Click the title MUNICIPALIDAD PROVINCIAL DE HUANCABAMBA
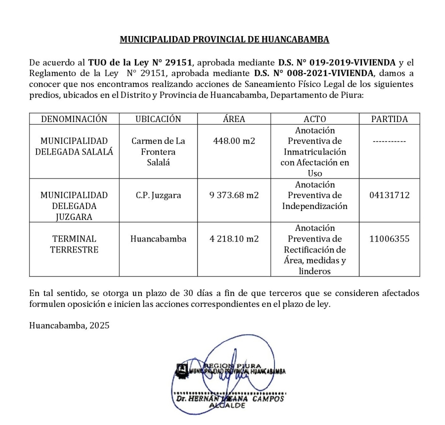point(224,39)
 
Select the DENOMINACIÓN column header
point(74,119)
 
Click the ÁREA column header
point(234,119)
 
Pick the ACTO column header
point(314,119)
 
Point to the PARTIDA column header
point(389,119)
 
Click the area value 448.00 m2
point(234,141)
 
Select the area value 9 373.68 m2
point(234,195)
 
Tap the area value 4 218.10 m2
point(234,239)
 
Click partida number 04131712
point(389,195)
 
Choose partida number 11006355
point(389,239)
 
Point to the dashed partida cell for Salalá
point(389,141)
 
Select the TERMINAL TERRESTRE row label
point(74,244)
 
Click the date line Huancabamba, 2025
point(69,326)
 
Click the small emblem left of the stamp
point(181,369)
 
